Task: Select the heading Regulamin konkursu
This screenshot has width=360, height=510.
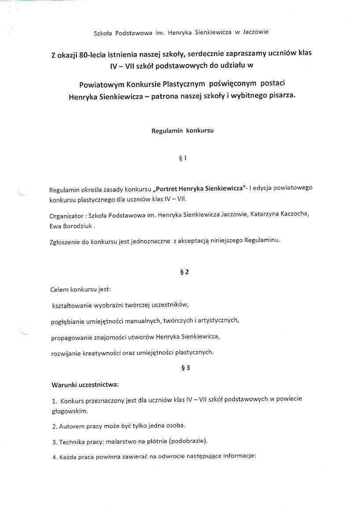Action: pos(182,131)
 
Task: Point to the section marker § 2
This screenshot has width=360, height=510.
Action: pos(185,272)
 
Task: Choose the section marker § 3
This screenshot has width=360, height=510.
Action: pos(185,369)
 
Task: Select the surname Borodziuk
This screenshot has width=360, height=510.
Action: pos(77,226)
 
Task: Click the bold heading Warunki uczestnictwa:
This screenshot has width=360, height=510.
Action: pos(85,385)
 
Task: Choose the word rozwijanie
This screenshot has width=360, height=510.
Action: pos(65,353)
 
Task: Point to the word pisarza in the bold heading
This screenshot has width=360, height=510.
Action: pos(281,96)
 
